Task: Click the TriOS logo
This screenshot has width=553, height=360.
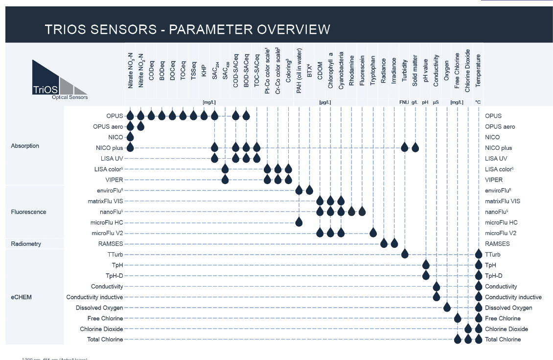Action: click(59, 79)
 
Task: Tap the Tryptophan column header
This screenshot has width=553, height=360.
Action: click(373, 71)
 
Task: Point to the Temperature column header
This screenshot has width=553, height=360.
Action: click(478, 71)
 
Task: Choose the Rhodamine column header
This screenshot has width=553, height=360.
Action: click(352, 71)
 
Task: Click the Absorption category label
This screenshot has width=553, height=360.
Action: click(25, 146)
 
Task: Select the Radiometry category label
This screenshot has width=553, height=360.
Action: click(26, 244)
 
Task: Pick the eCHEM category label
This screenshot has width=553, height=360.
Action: click(22, 297)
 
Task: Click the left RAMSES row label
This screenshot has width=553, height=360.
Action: click(111, 244)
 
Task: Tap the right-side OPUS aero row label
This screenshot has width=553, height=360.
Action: click(500, 127)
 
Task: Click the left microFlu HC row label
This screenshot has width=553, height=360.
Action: click(107, 222)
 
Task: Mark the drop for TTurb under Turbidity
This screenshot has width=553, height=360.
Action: click(405, 254)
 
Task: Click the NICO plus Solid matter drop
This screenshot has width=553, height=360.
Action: click(415, 147)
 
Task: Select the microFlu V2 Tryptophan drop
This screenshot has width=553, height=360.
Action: click(373, 233)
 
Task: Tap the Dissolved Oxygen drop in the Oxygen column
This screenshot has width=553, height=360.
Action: click(447, 307)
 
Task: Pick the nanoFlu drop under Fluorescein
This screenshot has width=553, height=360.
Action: click(362, 212)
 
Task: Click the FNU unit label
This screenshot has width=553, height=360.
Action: click(404, 102)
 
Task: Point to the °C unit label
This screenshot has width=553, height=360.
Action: click(478, 102)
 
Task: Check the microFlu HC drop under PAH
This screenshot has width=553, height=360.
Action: click(299, 222)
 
